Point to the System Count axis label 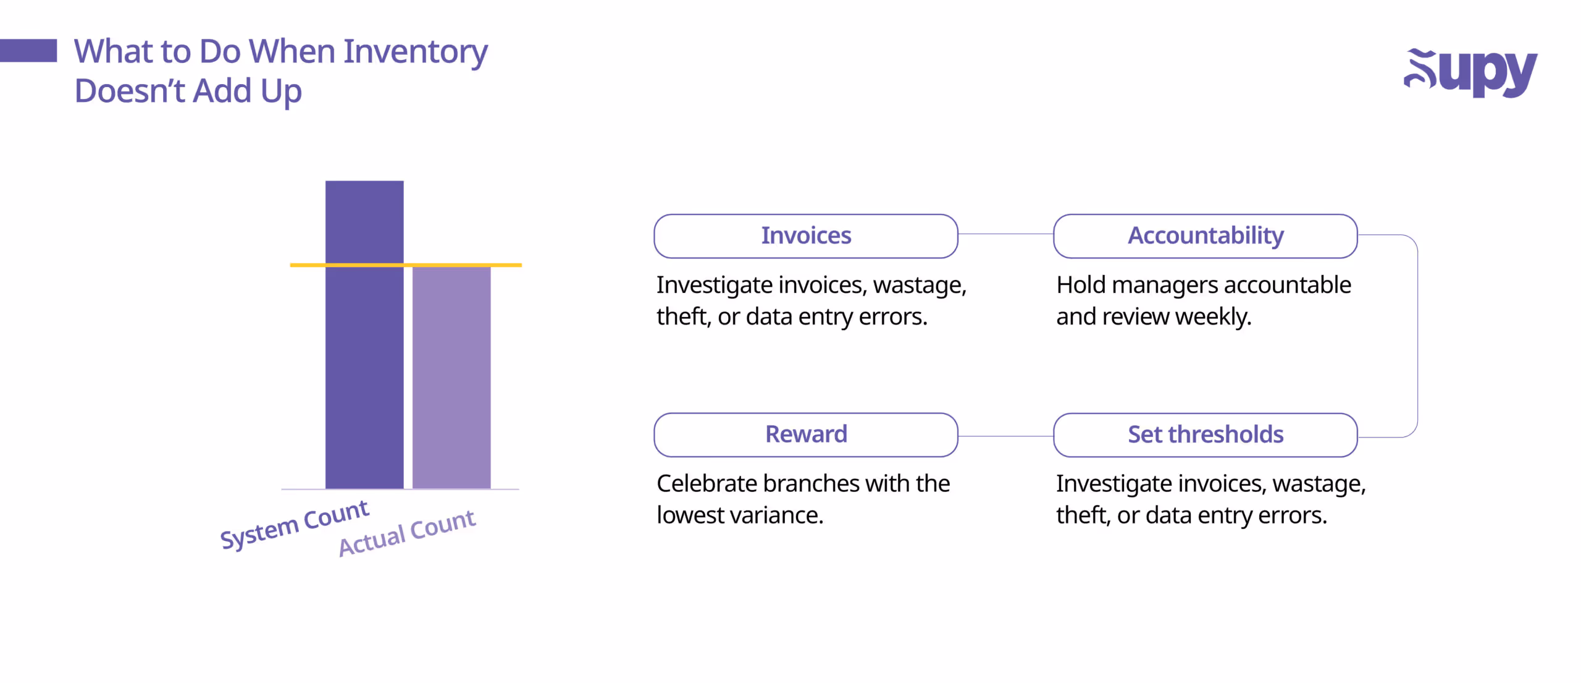[295, 524]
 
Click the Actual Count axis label [407, 533]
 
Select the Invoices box [805, 236]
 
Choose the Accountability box [1205, 236]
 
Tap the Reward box [805, 435]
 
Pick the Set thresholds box [1205, 435]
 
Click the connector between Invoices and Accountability [1005, 234]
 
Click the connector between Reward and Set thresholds [1005, 436]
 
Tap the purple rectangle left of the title [28, 51]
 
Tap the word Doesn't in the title [129, 91]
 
